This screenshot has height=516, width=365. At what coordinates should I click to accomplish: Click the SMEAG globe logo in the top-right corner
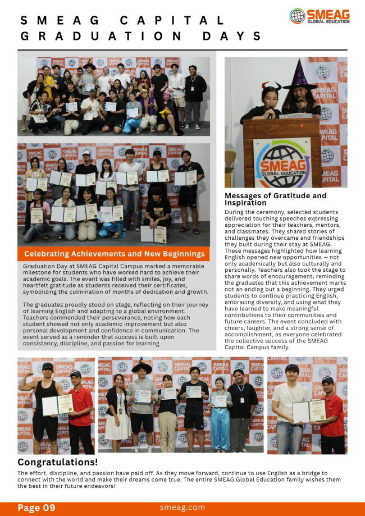click(x=297, y=16)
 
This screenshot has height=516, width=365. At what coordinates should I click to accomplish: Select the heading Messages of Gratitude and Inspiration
click(x=275, y=199)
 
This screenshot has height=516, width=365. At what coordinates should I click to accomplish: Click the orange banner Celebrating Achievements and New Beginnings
click(x=114, y=254)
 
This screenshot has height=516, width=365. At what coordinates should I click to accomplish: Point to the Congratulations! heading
click(x=57, y=462)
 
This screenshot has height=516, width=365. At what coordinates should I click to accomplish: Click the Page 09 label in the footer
click(x=36, y=508)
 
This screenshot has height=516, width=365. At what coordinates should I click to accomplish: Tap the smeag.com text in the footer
click(x=182, y=508)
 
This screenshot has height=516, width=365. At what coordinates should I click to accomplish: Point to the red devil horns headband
click(x=271, y=85)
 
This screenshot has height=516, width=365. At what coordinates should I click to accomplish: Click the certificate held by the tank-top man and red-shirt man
click(x=58, y=404)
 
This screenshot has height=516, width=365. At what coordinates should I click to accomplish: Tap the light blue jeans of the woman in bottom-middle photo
click(x=220, y=428)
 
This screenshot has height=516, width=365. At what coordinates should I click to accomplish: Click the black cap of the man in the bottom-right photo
click(x=327, y=380)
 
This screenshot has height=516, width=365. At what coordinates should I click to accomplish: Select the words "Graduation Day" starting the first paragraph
click(x=47, y=266)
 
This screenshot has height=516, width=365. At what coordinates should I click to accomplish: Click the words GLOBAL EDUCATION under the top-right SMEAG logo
click(x=328, y=21)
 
